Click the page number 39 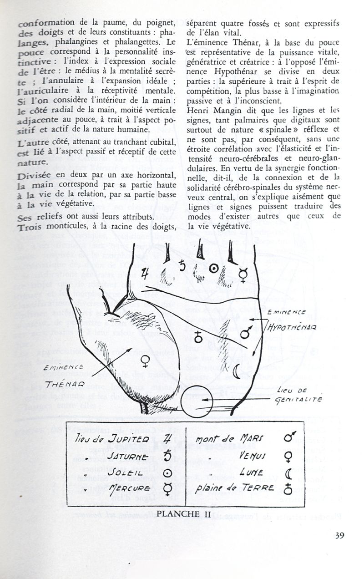coord(339,535)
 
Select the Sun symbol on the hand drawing coord(212,269)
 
